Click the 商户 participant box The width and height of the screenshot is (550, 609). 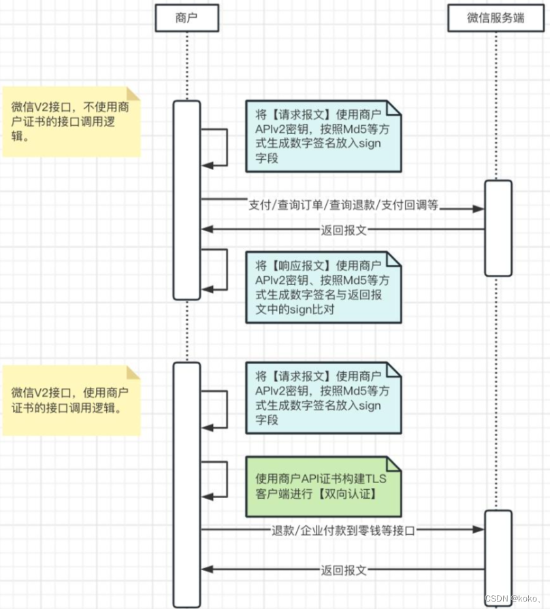pyautogui.click(x=187, y=18)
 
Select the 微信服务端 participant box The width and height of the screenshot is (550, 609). pyautogui.click(x=495, y=18)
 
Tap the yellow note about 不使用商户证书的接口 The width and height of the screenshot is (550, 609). pyautogui.click(x=71, y=122)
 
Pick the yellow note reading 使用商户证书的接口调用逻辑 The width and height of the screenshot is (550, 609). pyautogui.click(x=71, y=401)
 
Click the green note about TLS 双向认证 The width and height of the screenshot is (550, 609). pyautogui.click(x=323, y=487)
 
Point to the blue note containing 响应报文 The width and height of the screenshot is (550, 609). pyautogui.click(x=323, y=286)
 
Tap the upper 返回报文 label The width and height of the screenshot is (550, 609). pyautogui.click(x=344, y=230)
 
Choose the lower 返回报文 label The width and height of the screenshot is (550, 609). pyautogui.click(x=344, y=570)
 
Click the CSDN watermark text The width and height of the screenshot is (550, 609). pyautogui.click(x=511, y=598)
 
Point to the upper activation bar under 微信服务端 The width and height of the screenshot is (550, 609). pyautogui.click(x=498, y=228)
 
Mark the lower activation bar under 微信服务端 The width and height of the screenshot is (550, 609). pyautogui.click(x=498, y=555)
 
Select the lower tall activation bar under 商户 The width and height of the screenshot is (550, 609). pyautogui.click(x=187, y=483)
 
